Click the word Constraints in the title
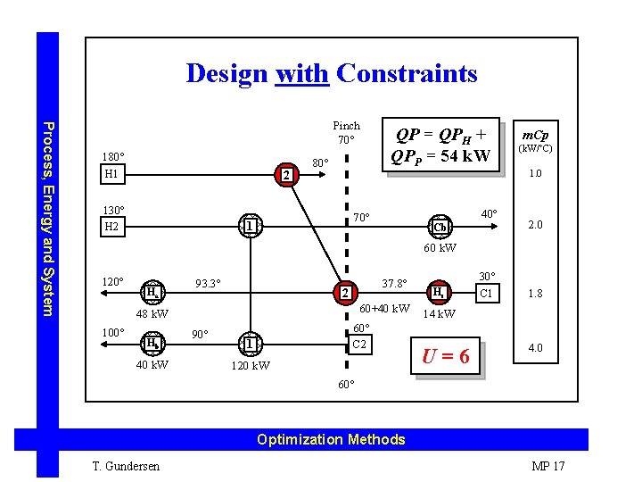tap(407, 73)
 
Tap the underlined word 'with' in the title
tap(303, 73)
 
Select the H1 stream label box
tap(112, 174)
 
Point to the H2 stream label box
tap(112, 227)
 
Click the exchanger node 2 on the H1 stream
tap(286, 175)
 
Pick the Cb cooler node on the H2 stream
tap(439, 227)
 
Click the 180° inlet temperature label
tap(113, 156)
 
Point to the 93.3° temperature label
tap(209, 285)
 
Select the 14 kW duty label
tap(439, 313)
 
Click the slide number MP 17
tap(547, 466)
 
